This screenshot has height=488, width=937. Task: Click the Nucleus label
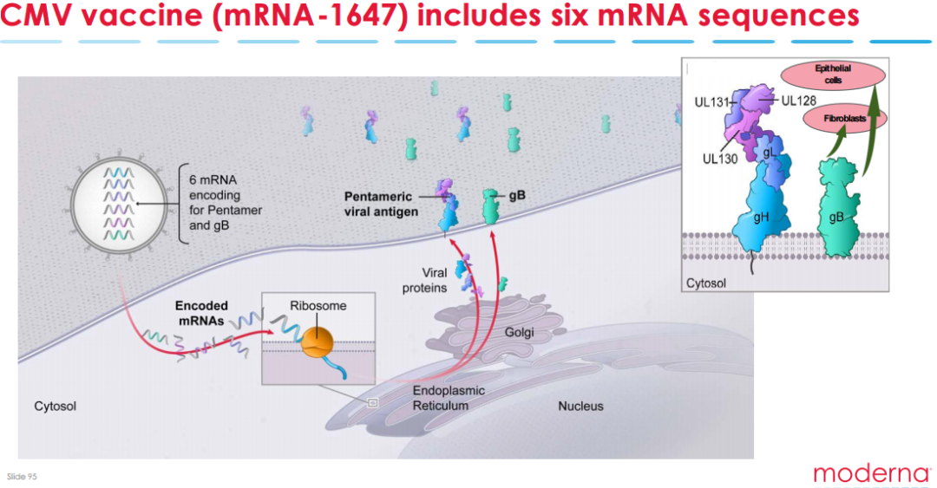(x=580, y=406)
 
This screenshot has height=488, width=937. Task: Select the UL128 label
(x=799, y=100)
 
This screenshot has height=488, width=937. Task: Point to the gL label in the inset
(x=769, y=153)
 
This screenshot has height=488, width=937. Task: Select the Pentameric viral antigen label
(x=381, y=204)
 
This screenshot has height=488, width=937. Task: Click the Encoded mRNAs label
(x=201, y=312)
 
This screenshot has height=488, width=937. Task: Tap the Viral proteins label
(x=429, y=280)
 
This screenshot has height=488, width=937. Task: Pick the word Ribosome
(x=319, y=306)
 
